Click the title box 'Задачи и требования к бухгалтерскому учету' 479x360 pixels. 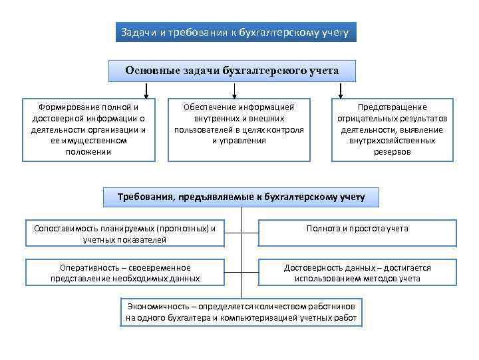236,32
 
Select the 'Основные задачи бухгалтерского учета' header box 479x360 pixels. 232,71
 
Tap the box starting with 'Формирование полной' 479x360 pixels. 88,129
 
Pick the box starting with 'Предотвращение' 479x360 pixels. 393,129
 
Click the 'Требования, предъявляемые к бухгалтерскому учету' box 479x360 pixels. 241,197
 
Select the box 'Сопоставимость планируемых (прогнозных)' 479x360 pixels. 124,233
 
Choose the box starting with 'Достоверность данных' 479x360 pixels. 357,273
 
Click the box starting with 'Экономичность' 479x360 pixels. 241,312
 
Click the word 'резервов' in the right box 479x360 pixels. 393,152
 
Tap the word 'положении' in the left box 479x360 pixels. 88,152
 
